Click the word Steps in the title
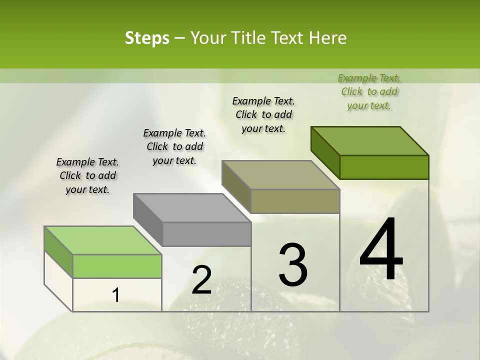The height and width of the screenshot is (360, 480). coord(147,38)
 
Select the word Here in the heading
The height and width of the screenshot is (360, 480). coord(328,38)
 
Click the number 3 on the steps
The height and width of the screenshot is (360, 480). coord(293,265)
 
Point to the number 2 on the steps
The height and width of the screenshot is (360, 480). coord(201,280)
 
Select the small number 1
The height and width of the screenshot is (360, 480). coord(116,295)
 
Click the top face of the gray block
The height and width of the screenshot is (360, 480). coord(192,207)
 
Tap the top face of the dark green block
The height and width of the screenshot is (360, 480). coord(370,140)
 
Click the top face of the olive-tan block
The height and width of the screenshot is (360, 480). coord(281,175)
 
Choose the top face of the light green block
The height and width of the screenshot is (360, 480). coord(103,240)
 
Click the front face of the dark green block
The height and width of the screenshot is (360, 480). coord(384,167)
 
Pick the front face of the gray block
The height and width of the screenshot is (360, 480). coord(206,234)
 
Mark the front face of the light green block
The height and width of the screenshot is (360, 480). coord(117,266)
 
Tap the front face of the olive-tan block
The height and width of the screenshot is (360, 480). coord(295,201)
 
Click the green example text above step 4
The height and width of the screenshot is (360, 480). coord(369,91)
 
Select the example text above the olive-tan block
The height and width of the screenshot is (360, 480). coord(263,114)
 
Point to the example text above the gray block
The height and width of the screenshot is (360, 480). coord(174,146)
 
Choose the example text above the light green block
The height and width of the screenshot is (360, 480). coord(87,175)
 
